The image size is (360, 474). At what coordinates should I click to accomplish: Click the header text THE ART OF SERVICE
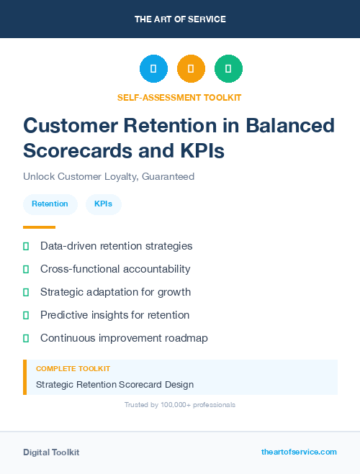180,19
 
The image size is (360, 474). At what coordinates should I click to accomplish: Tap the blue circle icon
153,69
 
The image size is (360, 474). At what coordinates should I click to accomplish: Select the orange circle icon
191,69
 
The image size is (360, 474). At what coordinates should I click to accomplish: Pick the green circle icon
228,69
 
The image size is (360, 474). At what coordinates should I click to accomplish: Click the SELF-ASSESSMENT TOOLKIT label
179,97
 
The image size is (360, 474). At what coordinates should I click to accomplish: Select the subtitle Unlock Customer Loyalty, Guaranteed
109,176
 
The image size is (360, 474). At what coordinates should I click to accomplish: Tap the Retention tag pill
50,204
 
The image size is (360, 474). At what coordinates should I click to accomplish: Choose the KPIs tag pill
104,204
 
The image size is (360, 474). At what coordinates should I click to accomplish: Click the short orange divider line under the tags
39,227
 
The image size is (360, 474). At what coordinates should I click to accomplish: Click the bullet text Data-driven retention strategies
116,246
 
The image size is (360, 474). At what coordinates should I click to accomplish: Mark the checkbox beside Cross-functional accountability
26,270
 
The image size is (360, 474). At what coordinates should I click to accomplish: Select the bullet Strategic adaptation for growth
115,292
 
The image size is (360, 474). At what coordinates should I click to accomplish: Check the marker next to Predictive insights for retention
26,315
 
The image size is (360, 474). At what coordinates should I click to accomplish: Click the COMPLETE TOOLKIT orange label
73,368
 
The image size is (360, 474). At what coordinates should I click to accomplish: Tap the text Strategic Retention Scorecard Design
114,385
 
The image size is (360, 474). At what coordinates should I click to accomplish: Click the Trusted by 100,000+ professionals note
180,405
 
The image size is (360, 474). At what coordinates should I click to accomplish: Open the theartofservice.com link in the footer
299,452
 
